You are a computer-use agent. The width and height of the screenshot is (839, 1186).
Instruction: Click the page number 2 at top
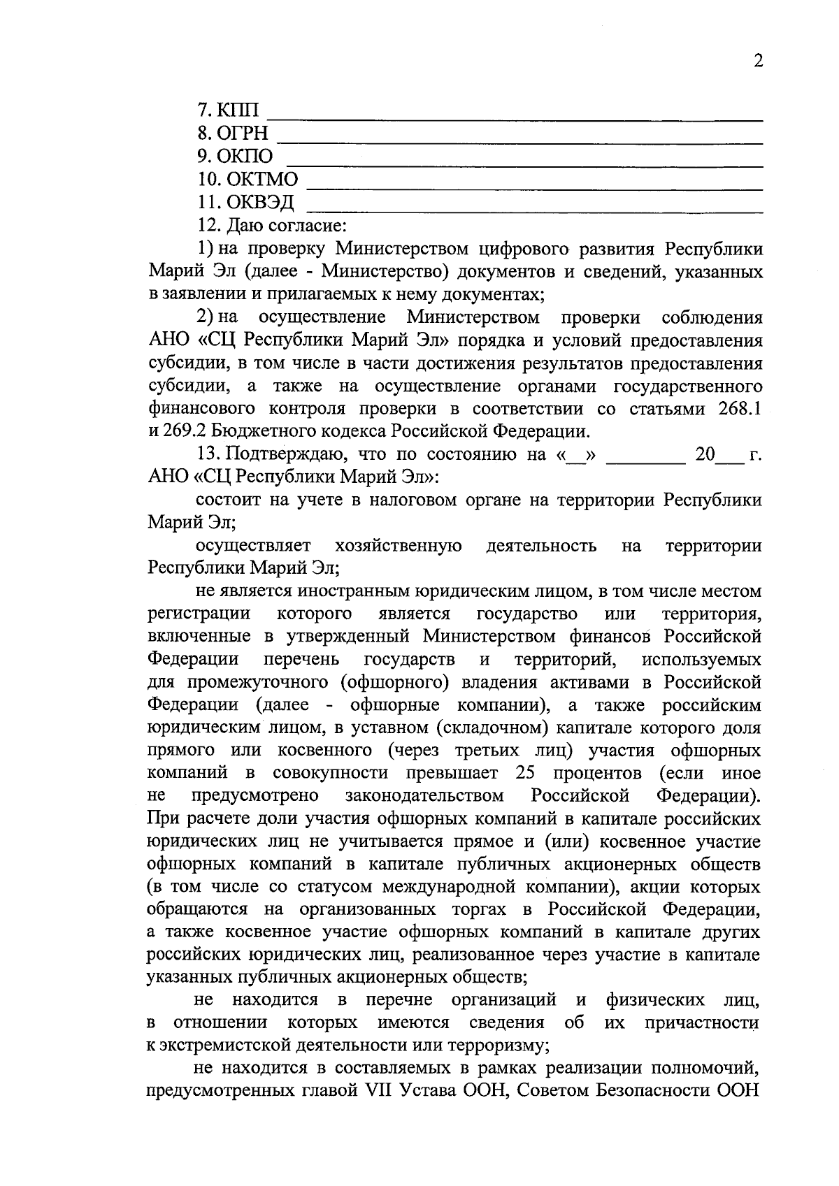point(758,61)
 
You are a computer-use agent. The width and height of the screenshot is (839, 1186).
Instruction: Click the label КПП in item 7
point(238,110)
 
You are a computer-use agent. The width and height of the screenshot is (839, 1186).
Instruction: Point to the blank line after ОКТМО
point(535,187)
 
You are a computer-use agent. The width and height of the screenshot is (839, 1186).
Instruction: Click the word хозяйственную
point(398,546)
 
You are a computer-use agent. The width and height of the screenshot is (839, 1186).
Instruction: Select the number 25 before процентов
point(525,774)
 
